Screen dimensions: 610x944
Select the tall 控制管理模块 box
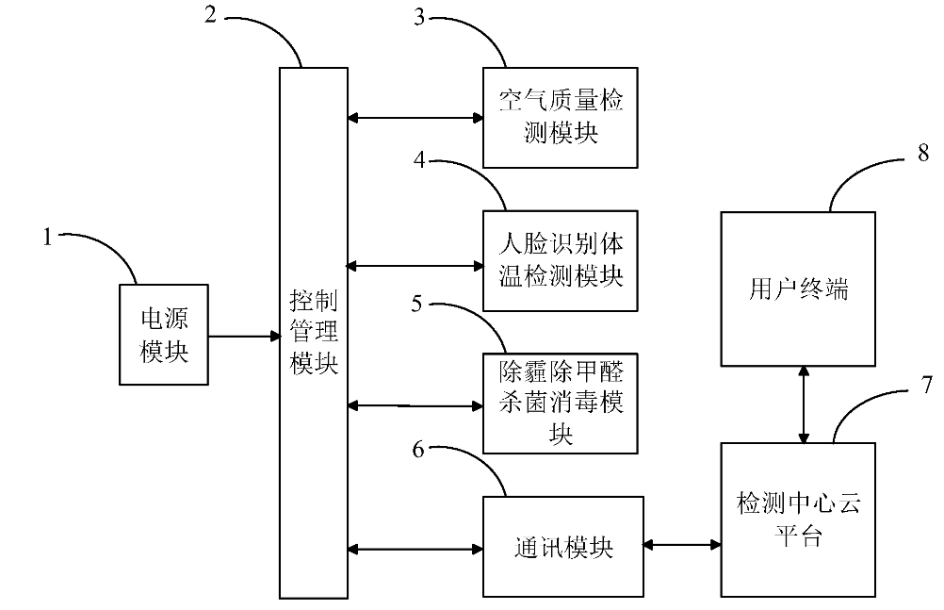click(x=314, y=332)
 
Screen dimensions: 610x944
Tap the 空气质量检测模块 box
click(x=560, y=118)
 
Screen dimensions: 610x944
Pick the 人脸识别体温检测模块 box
click(x=560, y=261)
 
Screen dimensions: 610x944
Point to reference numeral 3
click(x=420, y=17)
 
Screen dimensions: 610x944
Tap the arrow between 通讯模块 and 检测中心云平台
click(x=681, y=544)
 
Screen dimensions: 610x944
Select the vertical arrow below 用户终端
click(x=803, y=404)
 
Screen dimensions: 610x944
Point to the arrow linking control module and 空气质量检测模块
click(x=415, y=118)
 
